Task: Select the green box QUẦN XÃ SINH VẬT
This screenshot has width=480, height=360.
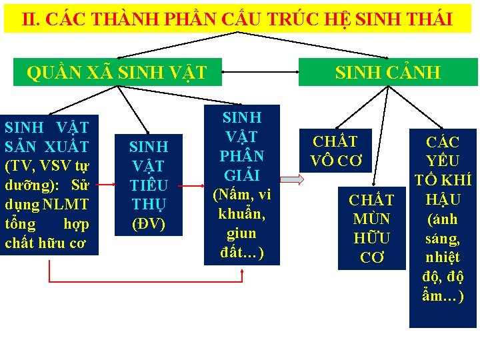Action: pos(116,72)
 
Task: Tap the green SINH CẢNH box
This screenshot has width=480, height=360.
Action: pos(387,72)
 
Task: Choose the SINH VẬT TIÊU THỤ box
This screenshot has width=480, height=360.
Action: pos(149,185)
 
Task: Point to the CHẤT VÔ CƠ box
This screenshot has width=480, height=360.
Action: pos(335,151)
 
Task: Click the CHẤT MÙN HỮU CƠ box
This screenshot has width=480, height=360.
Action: pos(371,227)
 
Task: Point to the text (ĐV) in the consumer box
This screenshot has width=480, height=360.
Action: pos(149,223)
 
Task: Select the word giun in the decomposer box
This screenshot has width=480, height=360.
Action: pos(241,233)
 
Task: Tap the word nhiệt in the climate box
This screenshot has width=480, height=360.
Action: pos(444,257)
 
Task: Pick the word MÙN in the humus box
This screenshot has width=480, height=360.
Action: pos(371,219)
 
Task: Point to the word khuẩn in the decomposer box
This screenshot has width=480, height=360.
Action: pos(241,215)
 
